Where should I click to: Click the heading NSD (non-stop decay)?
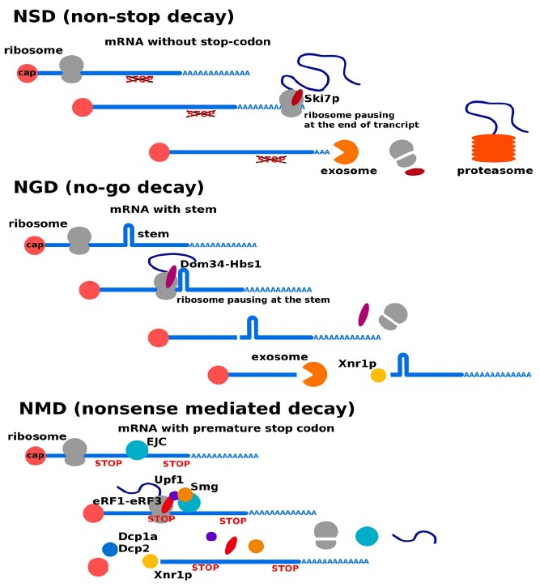click(x=124, y=16)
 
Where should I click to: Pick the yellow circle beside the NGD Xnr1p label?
click(x=378, y=376)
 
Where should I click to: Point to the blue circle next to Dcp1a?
click(x=109, y=549)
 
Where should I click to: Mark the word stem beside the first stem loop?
click(x=153, y=234)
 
